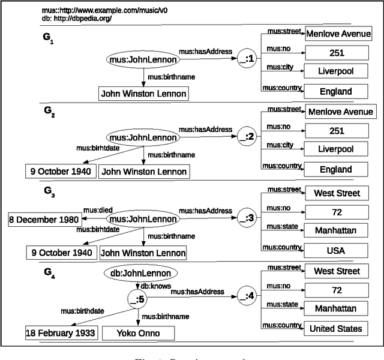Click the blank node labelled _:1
click(247, 60)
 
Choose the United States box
click(336, 328)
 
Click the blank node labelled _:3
click(248, 217)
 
